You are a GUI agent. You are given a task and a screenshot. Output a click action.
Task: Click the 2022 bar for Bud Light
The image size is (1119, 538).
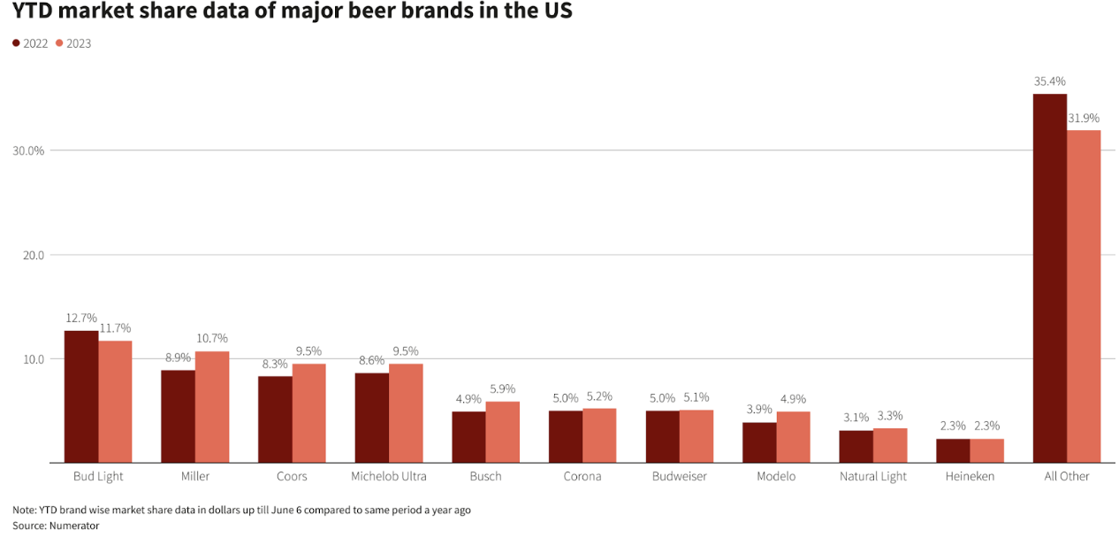point(81,396)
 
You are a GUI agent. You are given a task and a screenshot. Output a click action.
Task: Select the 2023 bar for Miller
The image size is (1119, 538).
point(212,407)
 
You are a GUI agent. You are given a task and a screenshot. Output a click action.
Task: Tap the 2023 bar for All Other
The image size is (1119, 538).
point(1084,296)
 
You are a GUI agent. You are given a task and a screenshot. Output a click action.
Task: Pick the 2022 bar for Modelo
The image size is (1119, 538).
point(759,442)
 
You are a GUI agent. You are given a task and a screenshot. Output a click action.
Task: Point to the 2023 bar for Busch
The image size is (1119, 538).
point(503,432)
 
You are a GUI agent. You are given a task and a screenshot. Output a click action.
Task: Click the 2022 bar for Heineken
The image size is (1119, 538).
point(953,450)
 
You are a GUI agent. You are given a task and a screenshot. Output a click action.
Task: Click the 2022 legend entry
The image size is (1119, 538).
point(31,43)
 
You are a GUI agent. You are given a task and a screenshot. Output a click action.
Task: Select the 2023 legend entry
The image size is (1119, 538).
point(73,43)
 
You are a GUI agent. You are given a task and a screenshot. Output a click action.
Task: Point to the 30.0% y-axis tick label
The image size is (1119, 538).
point(28,150)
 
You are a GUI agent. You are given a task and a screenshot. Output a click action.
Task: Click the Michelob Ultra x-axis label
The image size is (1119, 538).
point(389,476)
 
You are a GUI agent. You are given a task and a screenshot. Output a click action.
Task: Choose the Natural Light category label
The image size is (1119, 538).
point(873,476)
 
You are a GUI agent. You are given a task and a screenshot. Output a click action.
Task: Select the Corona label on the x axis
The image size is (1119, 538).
point(582,476)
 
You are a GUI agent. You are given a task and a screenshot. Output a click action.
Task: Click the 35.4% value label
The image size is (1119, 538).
point(1050,81)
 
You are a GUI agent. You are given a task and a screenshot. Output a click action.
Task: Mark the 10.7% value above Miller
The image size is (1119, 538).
point(213,338)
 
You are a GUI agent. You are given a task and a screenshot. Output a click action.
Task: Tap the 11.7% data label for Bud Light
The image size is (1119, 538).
point(116,327)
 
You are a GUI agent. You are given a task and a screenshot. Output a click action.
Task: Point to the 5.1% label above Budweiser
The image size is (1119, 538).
point(697,397)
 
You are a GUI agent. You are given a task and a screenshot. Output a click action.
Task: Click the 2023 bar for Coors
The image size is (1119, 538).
point(309,413)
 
